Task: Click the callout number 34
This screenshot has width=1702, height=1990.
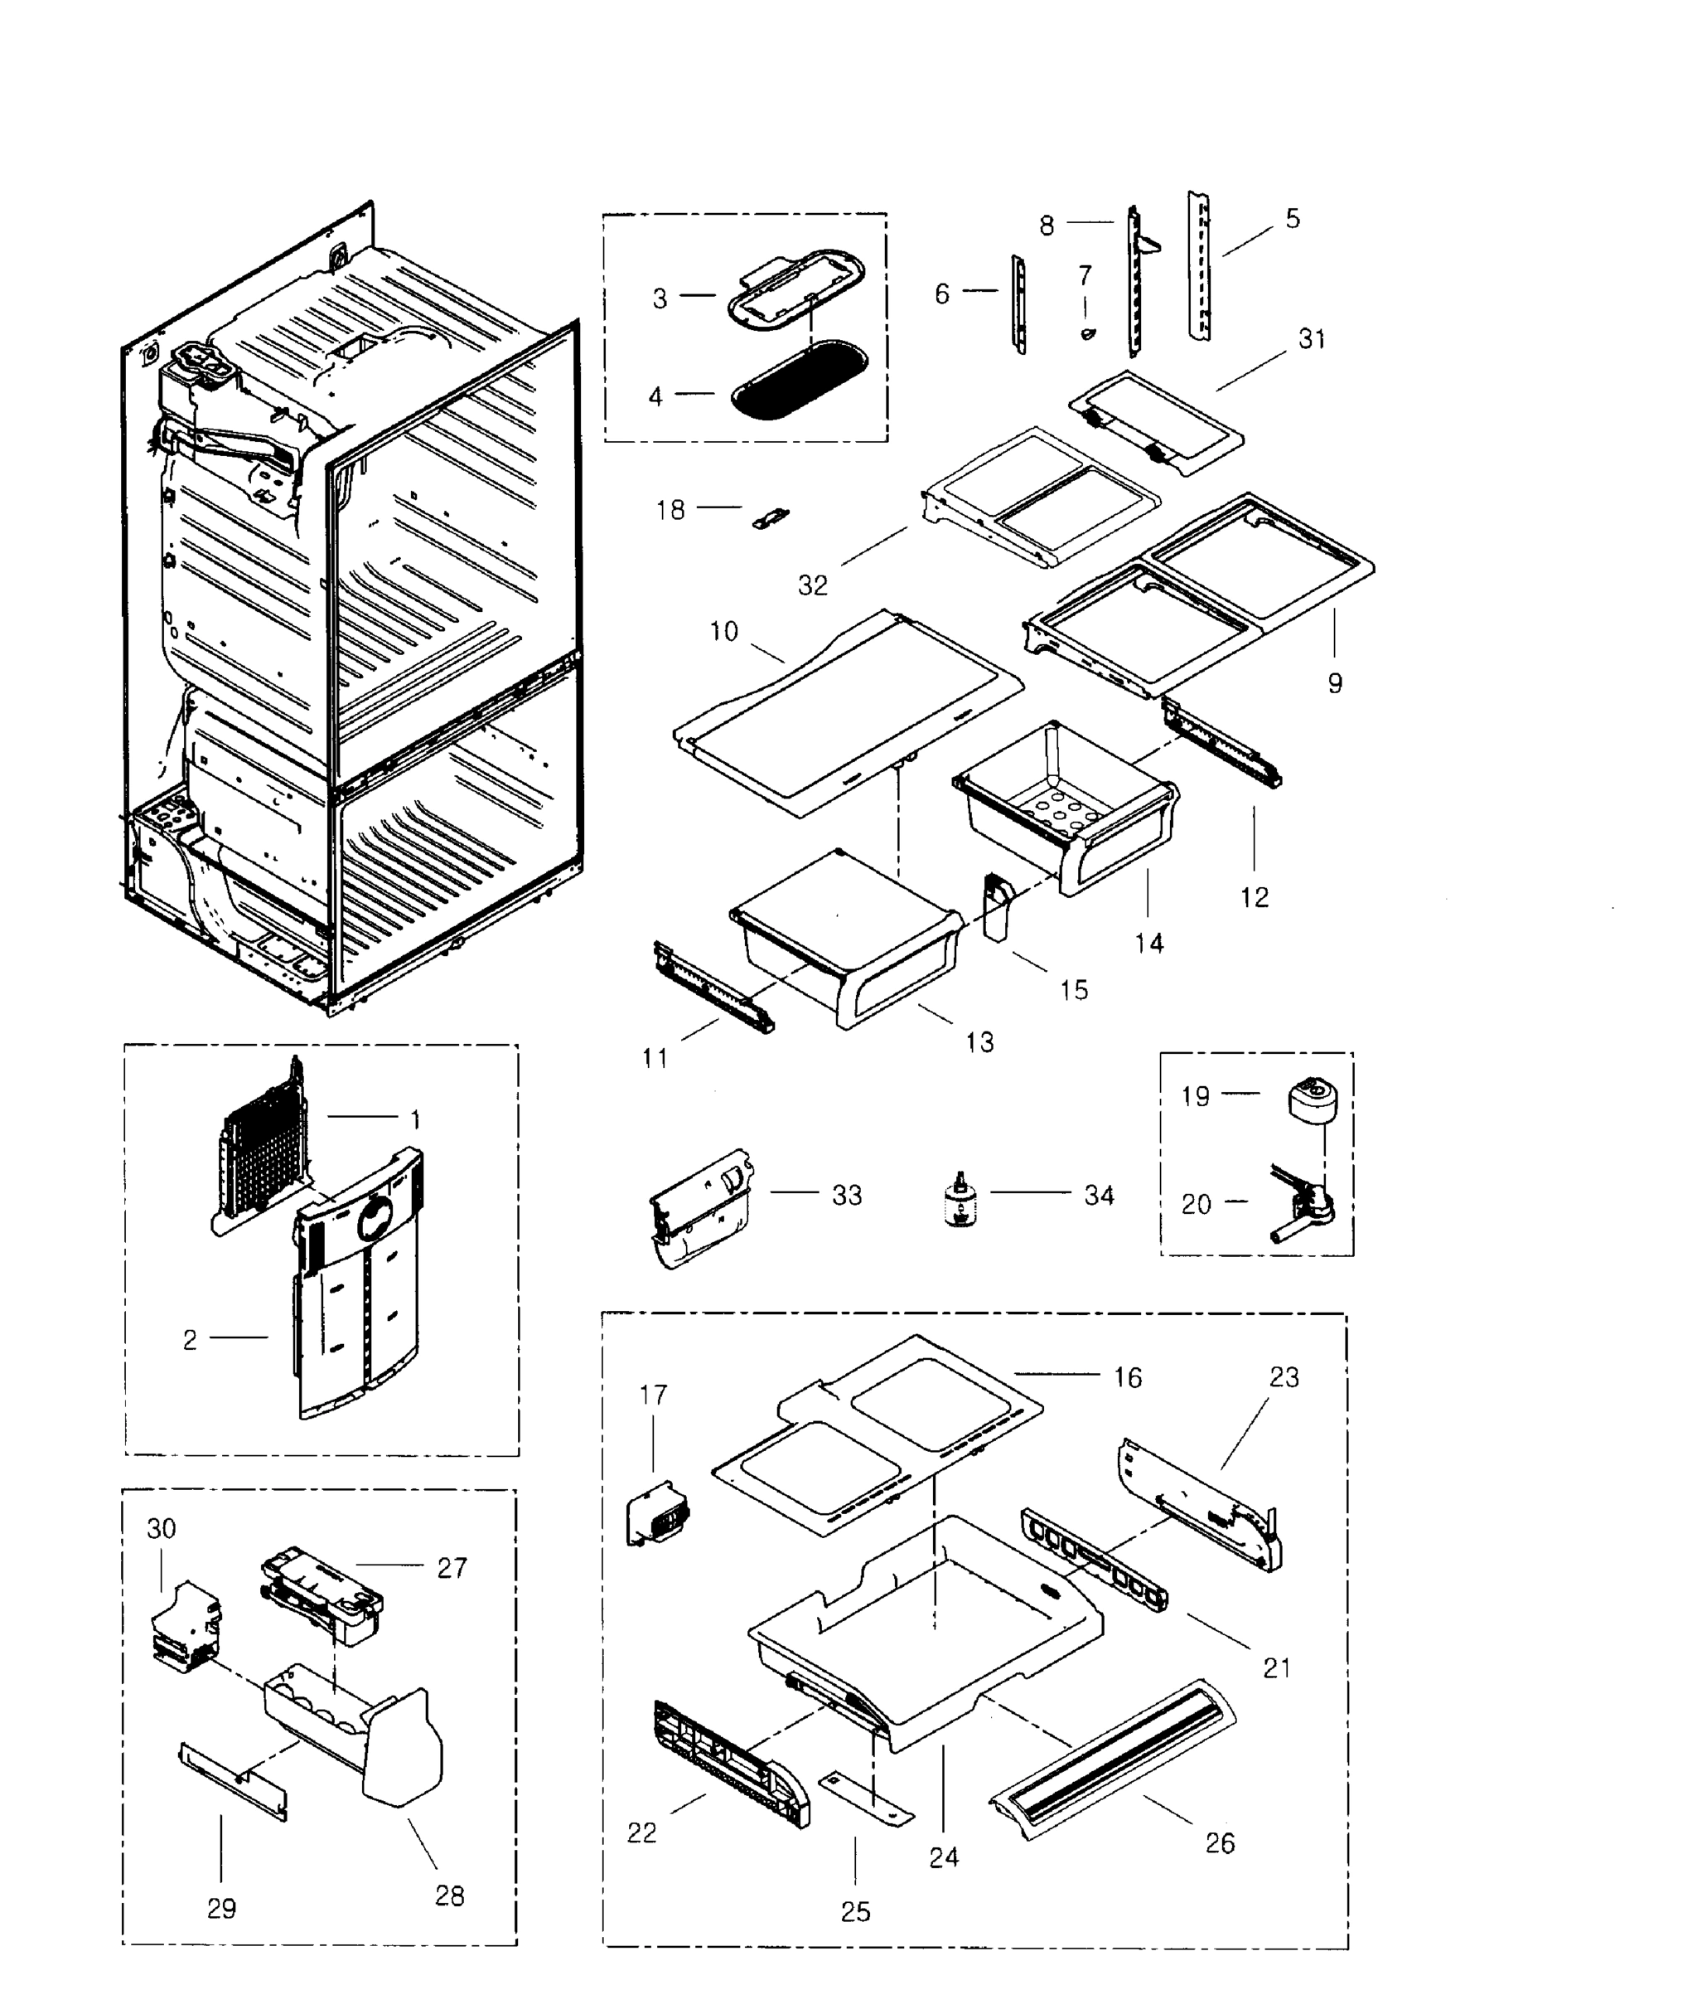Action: [x=1099, y=1195]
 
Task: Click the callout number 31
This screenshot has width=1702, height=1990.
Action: [x=1313, y=339]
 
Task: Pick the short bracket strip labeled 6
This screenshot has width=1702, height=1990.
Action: [x=1019, y=304]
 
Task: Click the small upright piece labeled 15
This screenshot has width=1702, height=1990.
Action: [x=998, y=905]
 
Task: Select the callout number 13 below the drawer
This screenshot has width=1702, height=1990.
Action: [x=979, y=1042]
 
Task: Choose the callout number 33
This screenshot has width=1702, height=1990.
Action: [x=847, y=1195]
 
